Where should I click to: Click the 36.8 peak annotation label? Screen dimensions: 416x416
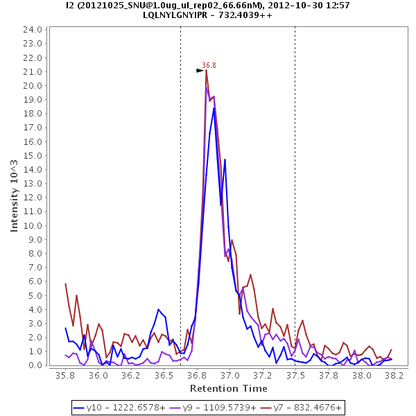pos(209,65)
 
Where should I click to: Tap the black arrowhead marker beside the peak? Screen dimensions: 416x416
pos(200,70)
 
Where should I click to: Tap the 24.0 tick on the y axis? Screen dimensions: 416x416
pos(33,30)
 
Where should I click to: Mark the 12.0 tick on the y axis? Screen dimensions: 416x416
pos(33,198)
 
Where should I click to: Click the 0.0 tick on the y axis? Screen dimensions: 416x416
pos(36,365)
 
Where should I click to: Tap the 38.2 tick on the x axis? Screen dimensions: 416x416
pos(394,374)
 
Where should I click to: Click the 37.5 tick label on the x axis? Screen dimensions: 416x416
pos(295,374)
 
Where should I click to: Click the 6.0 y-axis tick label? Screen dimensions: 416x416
pos(36,281)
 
